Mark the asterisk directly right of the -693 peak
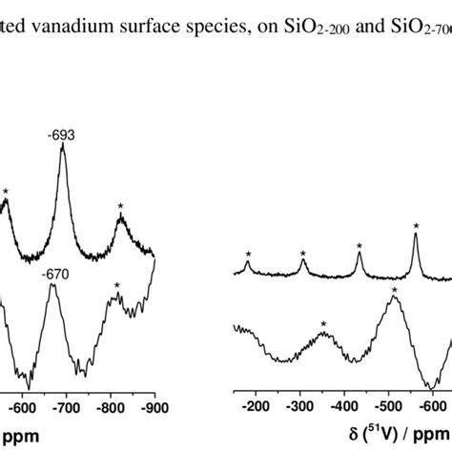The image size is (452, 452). tap(121, 207)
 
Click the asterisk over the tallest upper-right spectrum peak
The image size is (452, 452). tap(417, 226)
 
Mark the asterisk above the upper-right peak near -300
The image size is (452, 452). tap(303, 254)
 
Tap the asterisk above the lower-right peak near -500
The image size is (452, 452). tap(394, 290)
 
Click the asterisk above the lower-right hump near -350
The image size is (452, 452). tap(324, 325)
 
